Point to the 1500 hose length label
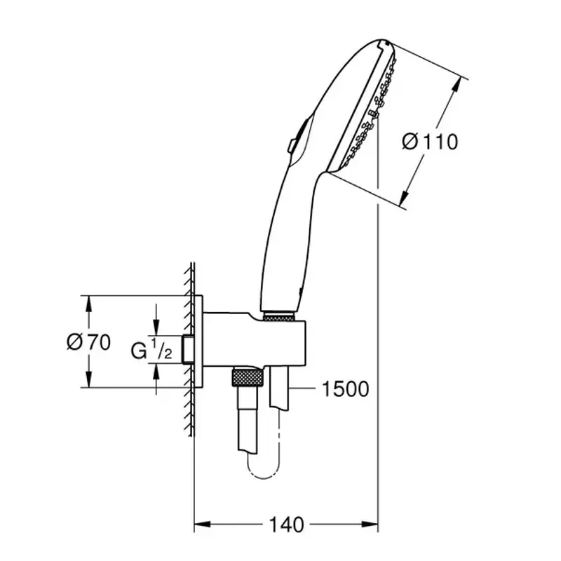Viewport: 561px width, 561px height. click(x=345, y=389)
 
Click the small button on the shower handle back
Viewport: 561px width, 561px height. click(x=290, y=145)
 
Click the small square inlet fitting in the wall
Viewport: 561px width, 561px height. click(x=187, y=350)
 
